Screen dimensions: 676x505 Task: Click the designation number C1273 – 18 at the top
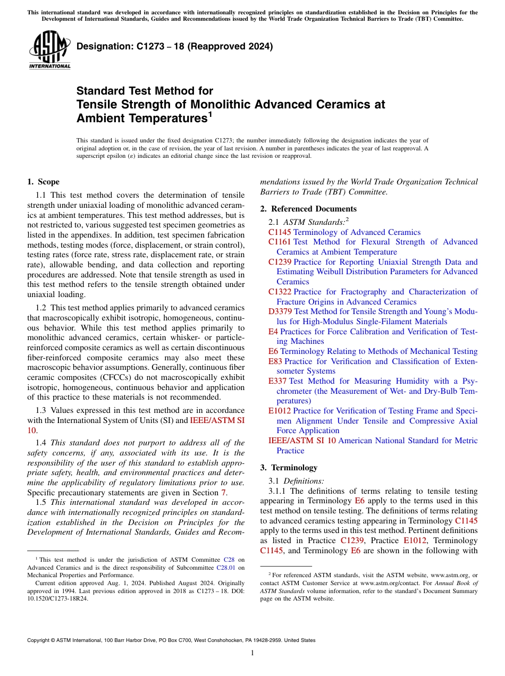coord(174,46)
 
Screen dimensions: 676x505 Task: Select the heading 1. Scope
coord(43,182)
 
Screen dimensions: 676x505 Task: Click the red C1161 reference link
coord(280,242)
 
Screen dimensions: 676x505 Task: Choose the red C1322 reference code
coord(280,292)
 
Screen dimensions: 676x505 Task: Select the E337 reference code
coord(277,381)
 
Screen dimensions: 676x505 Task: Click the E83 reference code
coord(275,361)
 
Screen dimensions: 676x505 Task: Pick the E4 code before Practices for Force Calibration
coord(273,332)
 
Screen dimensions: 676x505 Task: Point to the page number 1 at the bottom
coord(252,653)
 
